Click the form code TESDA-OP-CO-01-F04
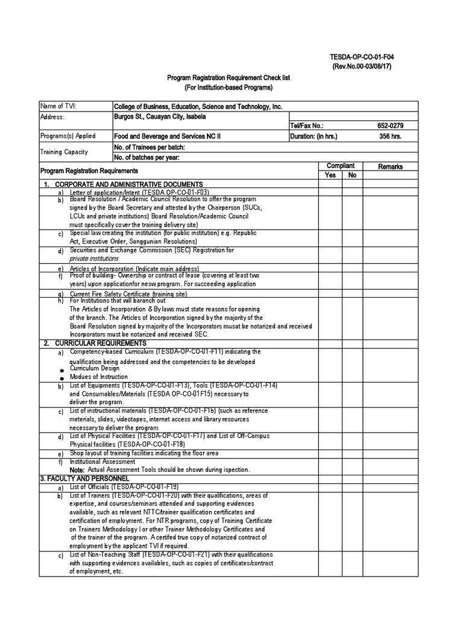click(x=361, y=57)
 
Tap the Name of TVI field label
click(x=58, y=107)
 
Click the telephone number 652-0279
click(x=389, y=127)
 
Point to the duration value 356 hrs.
click(x=389, y=137)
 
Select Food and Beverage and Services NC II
click(x=168, y=137)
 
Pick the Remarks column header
click(x=390, y=167)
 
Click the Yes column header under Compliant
click(x=330, y=175)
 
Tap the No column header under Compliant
click(x=353, y=175)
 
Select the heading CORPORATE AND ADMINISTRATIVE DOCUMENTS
click(x=128, y=184)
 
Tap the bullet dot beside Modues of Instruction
click(x=61, y=378)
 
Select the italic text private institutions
click(x=94, y=258)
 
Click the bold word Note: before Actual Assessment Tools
click(x=77, y=469)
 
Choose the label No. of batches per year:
click(x=147, y=157)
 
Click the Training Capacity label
click(x=64, y=152)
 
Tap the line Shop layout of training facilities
click(x=144, y=453)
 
